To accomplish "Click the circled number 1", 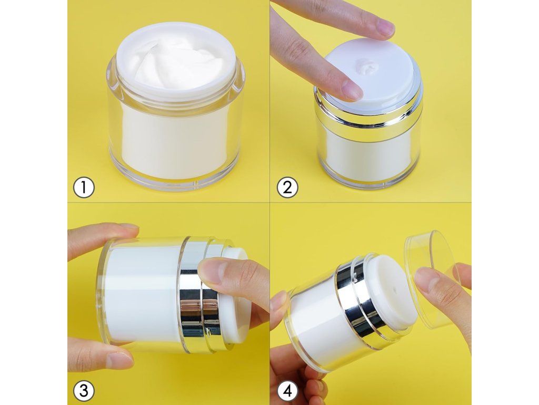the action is pos(84,187).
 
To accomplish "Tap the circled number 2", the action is pos(287,187).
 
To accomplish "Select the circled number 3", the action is pos(84,391).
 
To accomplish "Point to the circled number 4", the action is pos(287,391).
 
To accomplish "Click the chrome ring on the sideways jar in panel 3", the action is pos(201,294).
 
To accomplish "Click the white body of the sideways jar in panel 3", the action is pos(143,294).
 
